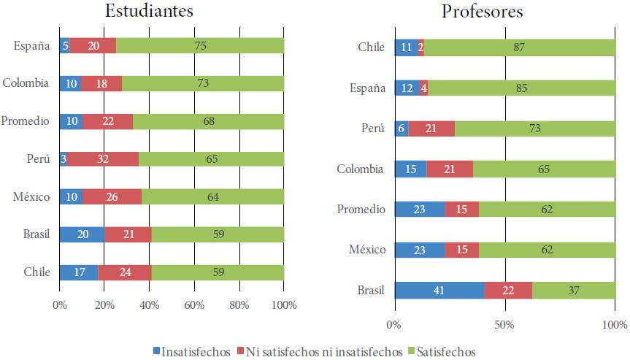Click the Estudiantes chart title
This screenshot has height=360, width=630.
pos(150,11)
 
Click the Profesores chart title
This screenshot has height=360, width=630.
pos(482,12)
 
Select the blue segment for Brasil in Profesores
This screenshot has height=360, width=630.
pos(439,290)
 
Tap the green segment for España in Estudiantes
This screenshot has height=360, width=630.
pos(200,45)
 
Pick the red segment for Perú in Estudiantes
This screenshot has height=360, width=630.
pos(103,158)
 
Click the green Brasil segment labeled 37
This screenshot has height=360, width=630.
pos(574,290)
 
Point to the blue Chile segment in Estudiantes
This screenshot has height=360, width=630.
pos(79,272)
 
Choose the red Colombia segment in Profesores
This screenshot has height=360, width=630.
pos(450,169)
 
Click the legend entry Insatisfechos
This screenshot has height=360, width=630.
pos(192,351)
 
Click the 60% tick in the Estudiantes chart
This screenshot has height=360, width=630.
pos(194,305)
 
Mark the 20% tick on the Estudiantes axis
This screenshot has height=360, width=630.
pos(104,305)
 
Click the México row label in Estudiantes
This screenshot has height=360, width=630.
pos(32,196)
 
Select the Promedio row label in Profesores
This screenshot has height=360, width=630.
pos(361,210)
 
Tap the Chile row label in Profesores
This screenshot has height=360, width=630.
pos(371,48)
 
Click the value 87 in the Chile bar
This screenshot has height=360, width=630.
pos(520,48)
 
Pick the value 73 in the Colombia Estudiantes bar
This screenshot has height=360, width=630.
pos(203,83)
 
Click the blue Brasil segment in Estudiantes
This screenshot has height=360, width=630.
pos(82,234)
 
